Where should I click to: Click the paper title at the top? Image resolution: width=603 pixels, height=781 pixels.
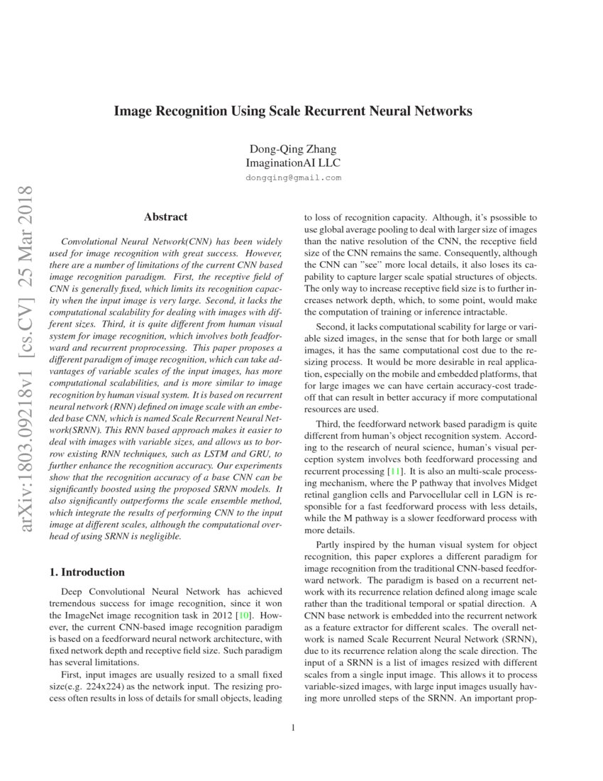click(x=293, y=111)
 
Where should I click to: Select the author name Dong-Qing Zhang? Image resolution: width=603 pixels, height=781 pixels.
click(x=293, y=149)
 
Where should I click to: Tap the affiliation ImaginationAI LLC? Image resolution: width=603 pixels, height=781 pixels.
click(x=293, y=163)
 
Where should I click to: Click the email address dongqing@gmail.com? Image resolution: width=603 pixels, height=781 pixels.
click(x=293, y=177)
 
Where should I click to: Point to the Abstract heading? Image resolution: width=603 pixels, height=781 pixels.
click(x=165, y=217)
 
